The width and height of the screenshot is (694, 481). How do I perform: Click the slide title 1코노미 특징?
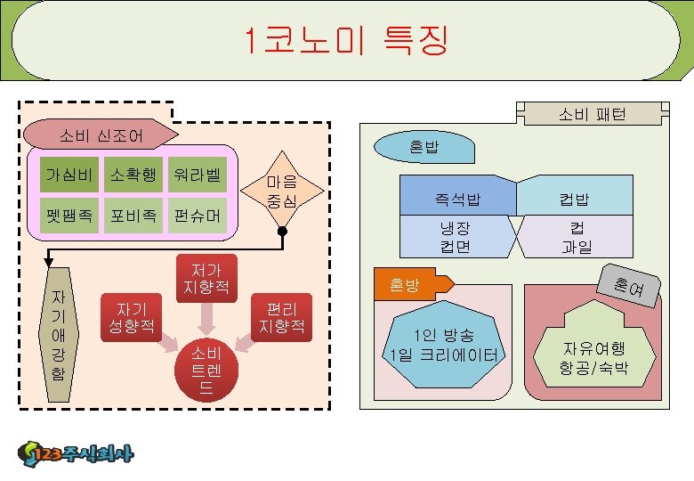[347, 40]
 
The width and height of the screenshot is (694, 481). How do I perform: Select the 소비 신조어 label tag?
[100, 135]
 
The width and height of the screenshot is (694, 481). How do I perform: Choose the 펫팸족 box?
[69, 216]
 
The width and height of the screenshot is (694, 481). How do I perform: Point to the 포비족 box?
[133, 216]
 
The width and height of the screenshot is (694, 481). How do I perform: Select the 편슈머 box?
[198, 216]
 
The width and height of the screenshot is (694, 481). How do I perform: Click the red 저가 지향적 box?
[206, 277]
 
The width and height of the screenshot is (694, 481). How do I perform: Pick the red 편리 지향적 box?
[281, 314]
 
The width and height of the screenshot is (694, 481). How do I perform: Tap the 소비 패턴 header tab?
[592, 114]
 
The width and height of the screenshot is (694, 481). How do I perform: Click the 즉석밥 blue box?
[457, 197]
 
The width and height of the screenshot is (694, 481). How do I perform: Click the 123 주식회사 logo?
[76, 454]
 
